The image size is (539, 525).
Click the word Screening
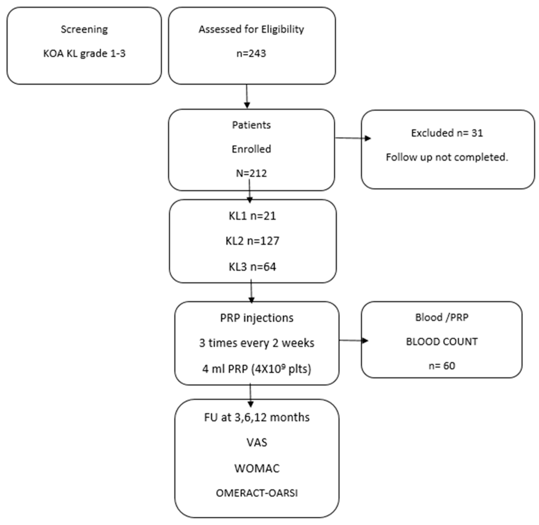pos(84,29)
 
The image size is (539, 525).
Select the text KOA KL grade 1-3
pos(84,53)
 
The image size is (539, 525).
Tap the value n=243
pos(251,53)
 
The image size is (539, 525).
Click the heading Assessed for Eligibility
pos(251,29)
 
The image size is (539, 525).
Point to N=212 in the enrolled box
pos(251,173)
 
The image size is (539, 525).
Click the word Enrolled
pos(251,149)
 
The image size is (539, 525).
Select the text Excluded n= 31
pos(447,133)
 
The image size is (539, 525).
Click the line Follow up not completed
pos(447,157)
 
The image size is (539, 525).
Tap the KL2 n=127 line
pos(252,241)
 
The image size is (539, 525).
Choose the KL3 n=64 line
pos(252,267)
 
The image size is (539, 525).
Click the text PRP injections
pos(257,318)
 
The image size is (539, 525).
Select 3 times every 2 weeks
pos(257,343)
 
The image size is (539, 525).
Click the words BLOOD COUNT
pos(442,342)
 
